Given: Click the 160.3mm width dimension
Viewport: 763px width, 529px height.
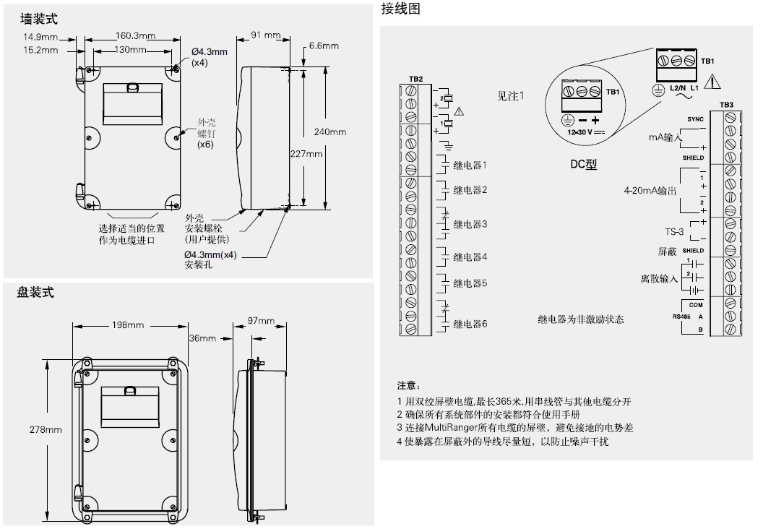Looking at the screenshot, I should pos(135,36).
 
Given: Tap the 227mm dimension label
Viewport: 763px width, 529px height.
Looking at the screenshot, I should pos(306,154).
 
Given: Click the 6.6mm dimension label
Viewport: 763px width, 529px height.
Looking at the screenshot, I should pos(324,46).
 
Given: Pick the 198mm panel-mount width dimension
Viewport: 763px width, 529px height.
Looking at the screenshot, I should pos(127,325).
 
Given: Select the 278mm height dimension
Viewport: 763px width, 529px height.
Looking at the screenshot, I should pos(46,429).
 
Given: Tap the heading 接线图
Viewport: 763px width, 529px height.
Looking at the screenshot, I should pos(400,9).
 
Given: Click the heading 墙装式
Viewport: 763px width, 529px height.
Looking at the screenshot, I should pos(38,19).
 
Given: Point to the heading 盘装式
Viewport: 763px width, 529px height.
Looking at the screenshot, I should pos(35,293).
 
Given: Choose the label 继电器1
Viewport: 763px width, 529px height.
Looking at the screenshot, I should pos(470,165).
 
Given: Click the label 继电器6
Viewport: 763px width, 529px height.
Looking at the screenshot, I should pos(470,324).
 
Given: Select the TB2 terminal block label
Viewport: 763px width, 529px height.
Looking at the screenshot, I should pos(415,78).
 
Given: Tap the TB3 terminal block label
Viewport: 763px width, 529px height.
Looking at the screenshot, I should pos(726,106).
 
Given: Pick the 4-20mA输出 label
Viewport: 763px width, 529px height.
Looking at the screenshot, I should pos(650,192).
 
